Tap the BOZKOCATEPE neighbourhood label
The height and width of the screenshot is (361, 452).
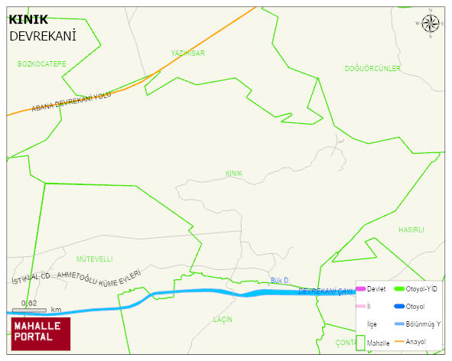click(x=42, y=63)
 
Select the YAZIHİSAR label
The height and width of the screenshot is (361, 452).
click(x=188, y=53)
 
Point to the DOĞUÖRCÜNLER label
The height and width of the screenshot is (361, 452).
click(x=372, y=69)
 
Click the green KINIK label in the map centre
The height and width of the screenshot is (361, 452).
click(x=234, y=174)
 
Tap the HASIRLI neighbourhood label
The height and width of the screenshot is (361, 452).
click(x=411, y=229)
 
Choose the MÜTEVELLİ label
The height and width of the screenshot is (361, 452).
click(x=95, y=259)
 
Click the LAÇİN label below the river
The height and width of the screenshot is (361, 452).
click(x=223, y=319)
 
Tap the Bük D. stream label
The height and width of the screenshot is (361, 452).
click(x=279, y=281)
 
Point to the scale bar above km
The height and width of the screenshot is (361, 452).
click(x=29, y=310)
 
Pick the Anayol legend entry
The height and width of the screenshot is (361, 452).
click(x=415, y=341)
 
